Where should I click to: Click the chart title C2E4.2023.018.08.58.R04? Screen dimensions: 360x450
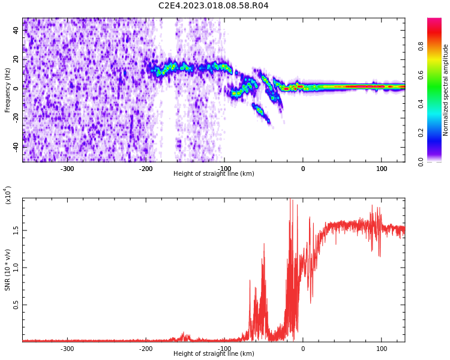click(x=213, y=6)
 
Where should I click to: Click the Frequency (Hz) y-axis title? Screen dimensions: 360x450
click(x=8, y=90)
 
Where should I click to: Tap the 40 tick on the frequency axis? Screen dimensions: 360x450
click(x=16, y=30)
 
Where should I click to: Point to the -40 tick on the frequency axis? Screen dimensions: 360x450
click(x=15, y=146)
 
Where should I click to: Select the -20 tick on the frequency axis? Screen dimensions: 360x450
click(x=15, y=118)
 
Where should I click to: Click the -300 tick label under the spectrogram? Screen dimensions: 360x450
click(x=67, y=169)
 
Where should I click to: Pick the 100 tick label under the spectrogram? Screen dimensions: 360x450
click(x=382, y=169)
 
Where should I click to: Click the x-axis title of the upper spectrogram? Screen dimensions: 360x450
click(x=214, y=174)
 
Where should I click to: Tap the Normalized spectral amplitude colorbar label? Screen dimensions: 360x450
click(x=446, y=90)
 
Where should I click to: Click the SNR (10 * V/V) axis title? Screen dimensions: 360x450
click(x=8, y=270)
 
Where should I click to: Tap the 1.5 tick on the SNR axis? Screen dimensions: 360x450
click(x=16, y=230)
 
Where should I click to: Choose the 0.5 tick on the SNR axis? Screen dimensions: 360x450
click(x=16, y=305)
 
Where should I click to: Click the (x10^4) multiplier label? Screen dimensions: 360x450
click(x=8, y=195)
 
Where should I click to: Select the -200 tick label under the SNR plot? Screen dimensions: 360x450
click(x=145, y=349)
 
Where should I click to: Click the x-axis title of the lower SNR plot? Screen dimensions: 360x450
click(x=214, y=354)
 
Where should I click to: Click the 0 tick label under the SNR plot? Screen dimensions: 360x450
click(x=303, y=349)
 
